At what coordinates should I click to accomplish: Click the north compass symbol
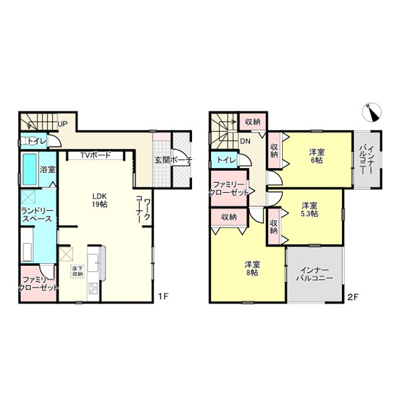click(x=371, y=112)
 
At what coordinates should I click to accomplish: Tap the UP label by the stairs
click(x=62, y=124)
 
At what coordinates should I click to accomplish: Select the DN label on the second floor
click(x=245, y=141)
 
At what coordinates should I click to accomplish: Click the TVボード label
click(x=95, y=155)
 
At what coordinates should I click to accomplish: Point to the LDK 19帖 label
click(x=99, y=200)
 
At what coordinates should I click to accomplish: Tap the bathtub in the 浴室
click(x=30, y=169)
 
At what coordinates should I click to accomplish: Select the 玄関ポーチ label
click(x=173, y=160)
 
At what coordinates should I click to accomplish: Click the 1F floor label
click(x=163, y=297)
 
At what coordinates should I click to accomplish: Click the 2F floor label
click(x=353, y=297)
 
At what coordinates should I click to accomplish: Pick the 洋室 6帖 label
click(x=316, y=156)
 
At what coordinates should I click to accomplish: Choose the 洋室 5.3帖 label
click(x=310, y=210)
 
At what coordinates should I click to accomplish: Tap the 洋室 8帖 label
click(x=252, y=268)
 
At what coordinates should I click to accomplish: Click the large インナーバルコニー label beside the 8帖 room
click(x=314, y=274)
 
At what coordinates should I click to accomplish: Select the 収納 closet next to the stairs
click(x=253, y=122)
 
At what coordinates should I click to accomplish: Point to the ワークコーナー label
click(x=143, y=209)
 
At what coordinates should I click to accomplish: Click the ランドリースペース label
click(x=37, y=215)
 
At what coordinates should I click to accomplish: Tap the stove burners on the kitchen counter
click(x=92, y=288)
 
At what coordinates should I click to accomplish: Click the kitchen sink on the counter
click(x=93, y=263)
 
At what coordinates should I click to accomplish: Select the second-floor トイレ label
click(x=226, y=160)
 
